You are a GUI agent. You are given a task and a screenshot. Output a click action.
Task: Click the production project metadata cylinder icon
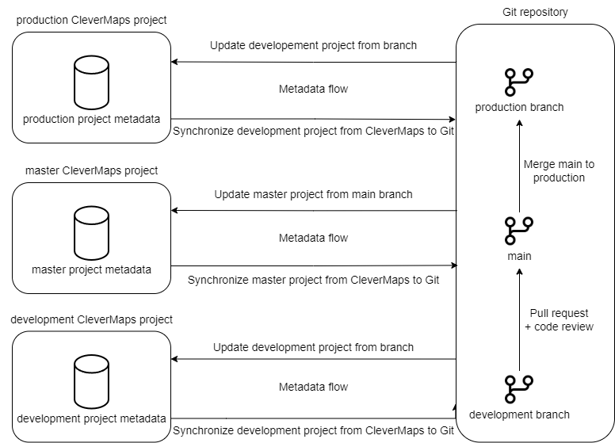(x=91, y=82)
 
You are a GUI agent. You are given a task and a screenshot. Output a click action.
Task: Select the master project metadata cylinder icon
(x=91, y=233)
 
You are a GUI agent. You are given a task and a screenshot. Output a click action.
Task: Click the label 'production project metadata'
(x=91, y=120)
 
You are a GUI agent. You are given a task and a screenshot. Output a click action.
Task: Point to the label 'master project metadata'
(x=91, y=269)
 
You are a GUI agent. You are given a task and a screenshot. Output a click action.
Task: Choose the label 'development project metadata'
(x=91, y=418)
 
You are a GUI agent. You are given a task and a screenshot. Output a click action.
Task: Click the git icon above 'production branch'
(x=519, y=82)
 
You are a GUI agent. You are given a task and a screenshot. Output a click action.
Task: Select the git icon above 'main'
(x=519, y=230)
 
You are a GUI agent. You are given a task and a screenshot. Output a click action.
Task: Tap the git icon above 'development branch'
(x=519, y=388)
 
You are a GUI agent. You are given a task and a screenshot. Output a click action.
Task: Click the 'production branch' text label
(x=519, y=107)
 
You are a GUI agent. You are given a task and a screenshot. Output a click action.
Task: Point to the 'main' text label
(x=519, y=256)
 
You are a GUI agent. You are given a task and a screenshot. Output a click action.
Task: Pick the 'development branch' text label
(x=519, y=414)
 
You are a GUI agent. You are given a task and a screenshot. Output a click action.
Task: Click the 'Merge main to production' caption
(x=559, y=171)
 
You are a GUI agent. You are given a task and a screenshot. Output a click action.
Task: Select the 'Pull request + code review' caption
(x=559, y=320)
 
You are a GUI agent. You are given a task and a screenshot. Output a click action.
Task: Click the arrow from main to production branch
(x=519, y=166)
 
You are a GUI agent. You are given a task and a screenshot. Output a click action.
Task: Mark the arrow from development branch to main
(x=519, y=320)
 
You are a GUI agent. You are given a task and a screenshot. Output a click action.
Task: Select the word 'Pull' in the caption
(x=539, y=313)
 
